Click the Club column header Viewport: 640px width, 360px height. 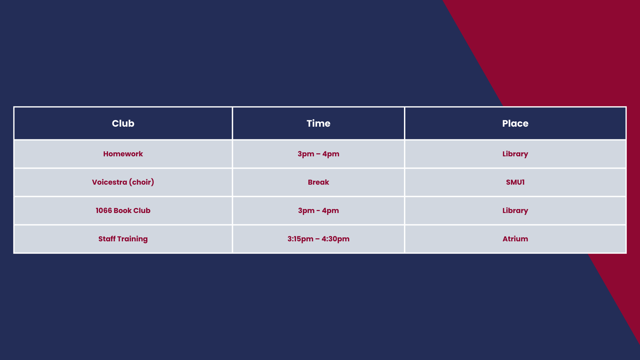[123, 123]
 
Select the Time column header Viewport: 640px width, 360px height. [318, 123]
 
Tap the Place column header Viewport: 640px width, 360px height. [515, 123]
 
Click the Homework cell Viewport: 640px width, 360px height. [123, 154]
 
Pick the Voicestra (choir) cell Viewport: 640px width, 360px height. [123, 182]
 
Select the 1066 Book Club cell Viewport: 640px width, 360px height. [123, 210]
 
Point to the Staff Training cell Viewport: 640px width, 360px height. [123, 239]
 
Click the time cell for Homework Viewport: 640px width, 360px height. [318, 154]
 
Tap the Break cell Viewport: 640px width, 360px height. [318, 182]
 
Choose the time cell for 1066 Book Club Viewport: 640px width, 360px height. [318, 210]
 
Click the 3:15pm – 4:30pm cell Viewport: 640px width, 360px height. [318, 239]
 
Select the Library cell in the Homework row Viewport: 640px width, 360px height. [515, 154]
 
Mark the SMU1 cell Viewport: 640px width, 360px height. [515, 182]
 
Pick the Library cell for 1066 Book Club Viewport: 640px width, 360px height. [515, 210]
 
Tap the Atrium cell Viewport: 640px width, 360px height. [515, 239]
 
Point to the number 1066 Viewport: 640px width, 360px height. [104, 210]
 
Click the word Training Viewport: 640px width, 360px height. [132, 239]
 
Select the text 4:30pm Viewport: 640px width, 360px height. [336, 239]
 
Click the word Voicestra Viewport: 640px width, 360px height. [109, 182]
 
